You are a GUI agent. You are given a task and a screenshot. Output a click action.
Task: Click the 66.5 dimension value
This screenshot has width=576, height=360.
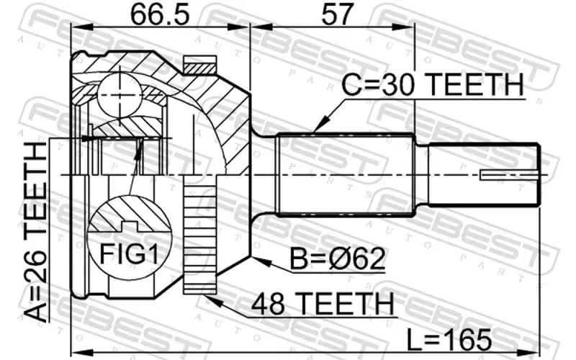(x=160, y=14)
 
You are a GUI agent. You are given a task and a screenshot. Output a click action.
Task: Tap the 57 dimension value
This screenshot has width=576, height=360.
(x=337, y=14)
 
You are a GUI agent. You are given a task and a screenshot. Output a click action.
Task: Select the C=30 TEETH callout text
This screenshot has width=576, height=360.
(x=433, y=84)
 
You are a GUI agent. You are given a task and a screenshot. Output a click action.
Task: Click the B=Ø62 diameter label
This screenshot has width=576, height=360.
(x=337, y=258)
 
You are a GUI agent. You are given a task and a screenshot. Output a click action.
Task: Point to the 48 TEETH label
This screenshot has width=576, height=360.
(x=322, y=303)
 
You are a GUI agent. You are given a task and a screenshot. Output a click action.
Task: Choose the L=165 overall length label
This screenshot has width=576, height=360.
(x=449, y=339)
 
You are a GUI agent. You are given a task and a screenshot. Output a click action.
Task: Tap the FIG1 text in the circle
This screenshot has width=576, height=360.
(x=130, y=254)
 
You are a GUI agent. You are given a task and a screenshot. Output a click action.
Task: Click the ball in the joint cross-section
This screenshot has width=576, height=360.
(x=120, y=96)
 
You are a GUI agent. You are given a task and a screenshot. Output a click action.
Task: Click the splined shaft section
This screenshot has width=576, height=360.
(x=346, y=174)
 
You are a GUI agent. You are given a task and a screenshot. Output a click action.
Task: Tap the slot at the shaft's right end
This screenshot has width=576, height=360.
(x=510, y=175)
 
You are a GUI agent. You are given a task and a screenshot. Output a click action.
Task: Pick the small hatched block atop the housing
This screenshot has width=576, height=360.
(x=199, y=65)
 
